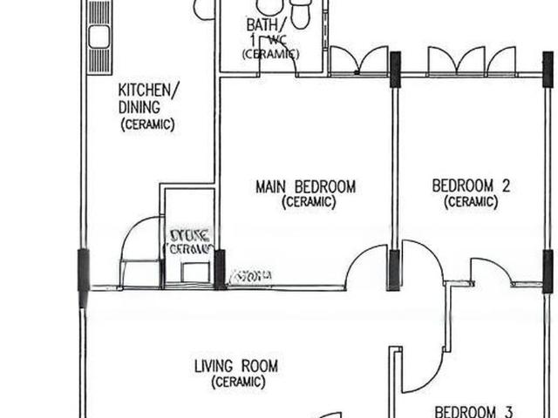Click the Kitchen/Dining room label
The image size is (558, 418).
pos(149,98)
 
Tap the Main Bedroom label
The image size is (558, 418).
pos(305,186)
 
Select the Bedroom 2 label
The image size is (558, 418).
pos(471,185)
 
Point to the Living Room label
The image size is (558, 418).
pos(235,366)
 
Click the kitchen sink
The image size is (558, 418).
pos(98,37)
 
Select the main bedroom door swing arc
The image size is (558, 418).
pos(366,266)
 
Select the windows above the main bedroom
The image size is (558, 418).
pos(358,62)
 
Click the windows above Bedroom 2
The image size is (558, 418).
pos(472,61)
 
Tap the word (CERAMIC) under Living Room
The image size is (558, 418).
pos(235,382)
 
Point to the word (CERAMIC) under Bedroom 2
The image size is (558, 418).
pos(471,202)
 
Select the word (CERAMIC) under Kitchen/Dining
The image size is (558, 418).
pos(148,125)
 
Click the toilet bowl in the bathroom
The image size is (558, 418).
pos(301,13)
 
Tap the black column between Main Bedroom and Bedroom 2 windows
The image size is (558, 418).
pos(395,70)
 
